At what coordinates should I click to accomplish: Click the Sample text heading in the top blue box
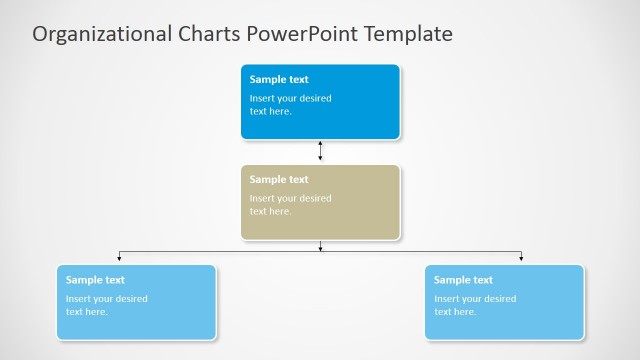279,80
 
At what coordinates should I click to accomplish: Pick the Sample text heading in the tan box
279,180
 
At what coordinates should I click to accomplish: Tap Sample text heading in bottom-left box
95,280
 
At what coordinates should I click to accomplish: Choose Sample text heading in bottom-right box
463,280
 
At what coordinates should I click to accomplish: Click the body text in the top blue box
290,105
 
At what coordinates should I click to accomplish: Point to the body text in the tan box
290,205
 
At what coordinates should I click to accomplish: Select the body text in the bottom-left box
106,305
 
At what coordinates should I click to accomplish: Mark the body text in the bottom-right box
474,305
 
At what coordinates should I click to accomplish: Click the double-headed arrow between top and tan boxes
320,151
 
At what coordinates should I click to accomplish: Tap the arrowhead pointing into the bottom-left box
119,259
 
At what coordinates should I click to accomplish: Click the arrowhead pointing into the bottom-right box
521,259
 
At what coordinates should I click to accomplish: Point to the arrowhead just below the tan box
320,247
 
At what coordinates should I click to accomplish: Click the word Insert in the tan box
262,198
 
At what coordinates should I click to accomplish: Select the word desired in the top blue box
315,99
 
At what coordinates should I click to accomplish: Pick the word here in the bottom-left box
96,312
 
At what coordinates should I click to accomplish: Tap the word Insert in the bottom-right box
446,299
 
